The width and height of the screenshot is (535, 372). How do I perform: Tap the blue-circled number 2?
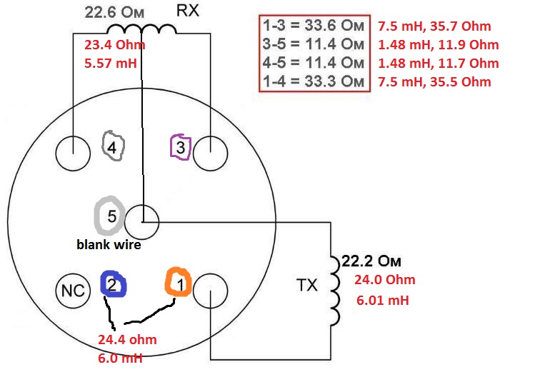point(114,283)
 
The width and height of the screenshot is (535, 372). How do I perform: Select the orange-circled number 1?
point(178,282)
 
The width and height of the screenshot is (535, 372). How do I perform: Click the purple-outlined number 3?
point(181,147)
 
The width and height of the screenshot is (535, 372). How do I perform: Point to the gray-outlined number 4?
point(113,146)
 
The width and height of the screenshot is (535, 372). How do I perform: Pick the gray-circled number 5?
point(110,216)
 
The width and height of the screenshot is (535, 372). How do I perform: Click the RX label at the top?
point(187,11)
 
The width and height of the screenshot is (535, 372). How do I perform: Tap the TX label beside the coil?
point(307,285)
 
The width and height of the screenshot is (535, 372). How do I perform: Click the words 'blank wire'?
point(109,244)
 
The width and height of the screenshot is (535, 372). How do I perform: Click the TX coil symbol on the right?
point(335,291)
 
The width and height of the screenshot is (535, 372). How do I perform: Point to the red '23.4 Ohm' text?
point(114,45)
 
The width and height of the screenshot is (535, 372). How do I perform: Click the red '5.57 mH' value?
point(110,63)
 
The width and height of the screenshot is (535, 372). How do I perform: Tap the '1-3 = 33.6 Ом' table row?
point(314,26)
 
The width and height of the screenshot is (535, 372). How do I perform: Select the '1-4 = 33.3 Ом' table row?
point(314,82)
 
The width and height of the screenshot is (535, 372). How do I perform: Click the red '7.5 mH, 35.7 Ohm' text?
point(434,26)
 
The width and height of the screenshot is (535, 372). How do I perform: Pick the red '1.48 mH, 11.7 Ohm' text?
point(439,64)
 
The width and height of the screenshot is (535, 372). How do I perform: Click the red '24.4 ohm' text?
point(127,340)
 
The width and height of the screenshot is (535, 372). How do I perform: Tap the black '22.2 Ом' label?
point(371,261)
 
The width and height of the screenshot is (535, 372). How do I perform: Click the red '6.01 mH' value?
point(382,301)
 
